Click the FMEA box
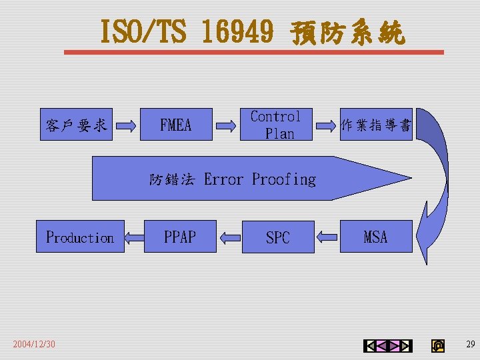[x=176, y=125]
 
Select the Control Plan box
[x=276, y=125]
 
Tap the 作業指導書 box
[x=376, y=125]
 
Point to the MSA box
[x=376, y=237]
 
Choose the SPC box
[x=277, y=237]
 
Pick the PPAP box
[x=180, y=237]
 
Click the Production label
[x=80, y=237]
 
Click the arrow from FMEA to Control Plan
[x=226, y=125]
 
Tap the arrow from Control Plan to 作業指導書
[x=325, y=125]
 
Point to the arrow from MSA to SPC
[x=327, y=237]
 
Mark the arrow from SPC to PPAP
[x=229, y=237]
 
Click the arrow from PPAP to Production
[x=133, y=237]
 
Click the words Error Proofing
[x=260, y=179]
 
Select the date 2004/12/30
[x=34, y=344]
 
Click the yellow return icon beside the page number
[x=437, y=345]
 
